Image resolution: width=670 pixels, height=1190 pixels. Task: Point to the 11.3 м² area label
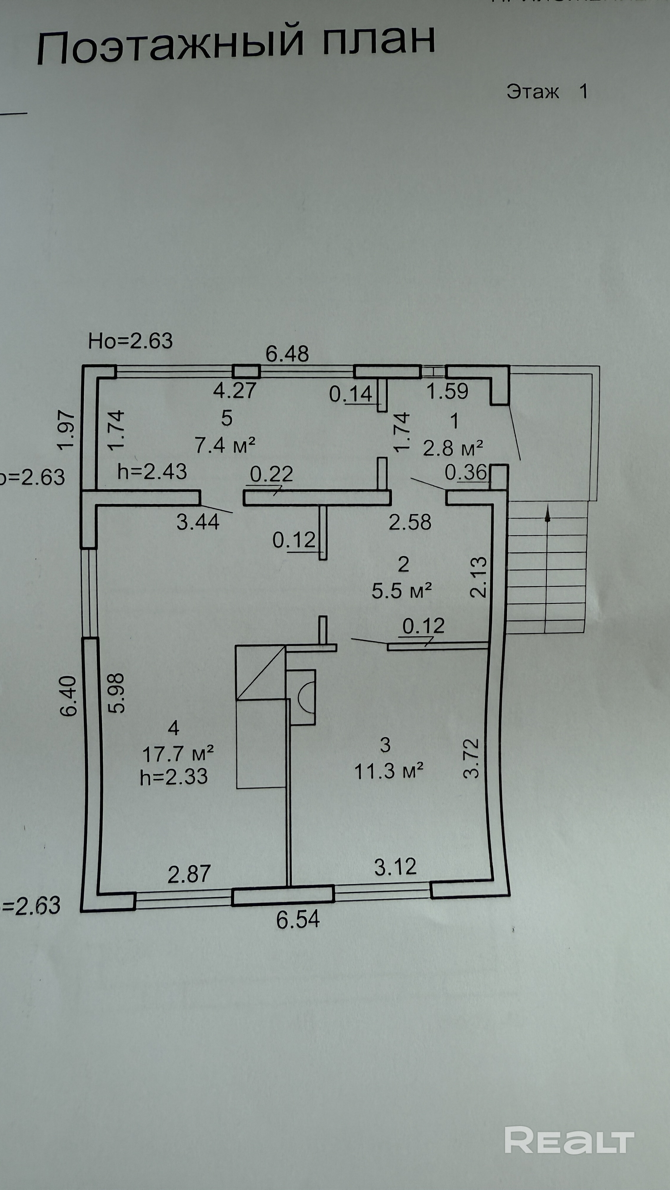pyautogui.click(x=388, y=771)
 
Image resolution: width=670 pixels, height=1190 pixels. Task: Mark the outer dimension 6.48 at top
pyautogui.click(x=287, y=354)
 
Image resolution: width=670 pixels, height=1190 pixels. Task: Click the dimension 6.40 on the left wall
pyautogui.click(x=69, y=696)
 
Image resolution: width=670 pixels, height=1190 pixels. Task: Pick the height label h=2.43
pyautogui.click(x=152, y=472)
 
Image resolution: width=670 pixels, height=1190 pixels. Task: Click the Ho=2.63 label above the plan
pyautogui.click(x=130, y=341)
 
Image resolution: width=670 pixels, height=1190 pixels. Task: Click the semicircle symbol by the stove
pyautogui.click(x=305, y=696)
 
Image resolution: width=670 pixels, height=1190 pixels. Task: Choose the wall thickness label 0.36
pyautogui.click(x=466, y=472)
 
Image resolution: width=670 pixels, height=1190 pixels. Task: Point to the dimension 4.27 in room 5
pyautogui.click(x=235, y=390)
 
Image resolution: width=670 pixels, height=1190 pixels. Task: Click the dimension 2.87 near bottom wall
pyautogui.click(x=189, y=874)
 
